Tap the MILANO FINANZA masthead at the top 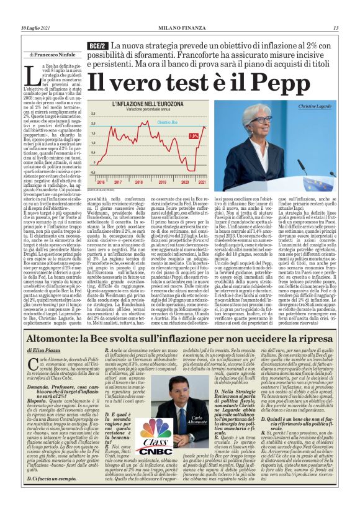point(180,27)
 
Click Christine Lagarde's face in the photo point(261,122)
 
